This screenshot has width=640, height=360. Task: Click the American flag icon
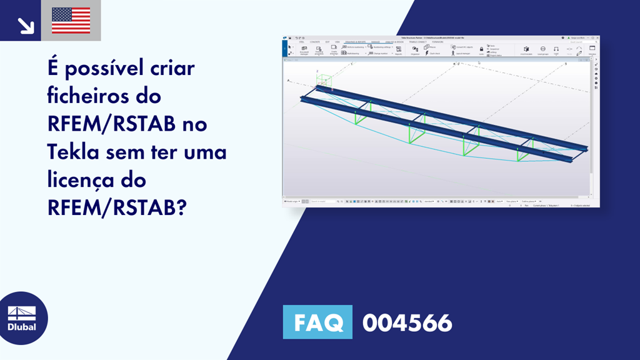tap(71, 21)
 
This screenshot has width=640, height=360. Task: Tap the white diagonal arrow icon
tap(26, 25)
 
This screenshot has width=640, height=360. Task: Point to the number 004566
tap(407, 322)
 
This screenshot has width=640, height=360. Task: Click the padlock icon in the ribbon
tap(481, 49)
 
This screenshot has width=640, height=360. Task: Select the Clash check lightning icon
tap(426, 53)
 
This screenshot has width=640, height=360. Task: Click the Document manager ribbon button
tap(304, 50)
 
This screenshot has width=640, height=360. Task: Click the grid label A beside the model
tap(287, 81)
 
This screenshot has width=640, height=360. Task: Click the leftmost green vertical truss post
tap(356, 117)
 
